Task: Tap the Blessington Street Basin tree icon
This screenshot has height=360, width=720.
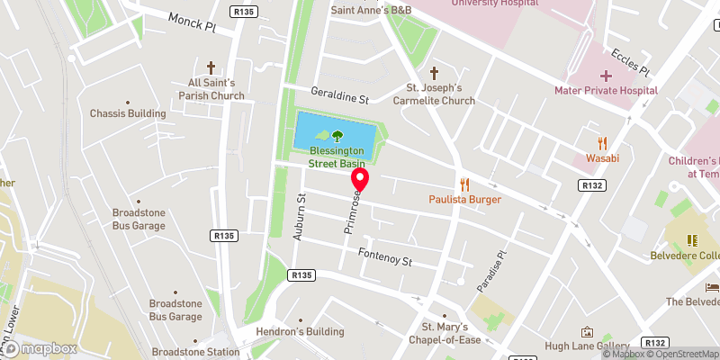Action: pos(337,137)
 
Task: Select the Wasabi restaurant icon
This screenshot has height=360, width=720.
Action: pos(603,142)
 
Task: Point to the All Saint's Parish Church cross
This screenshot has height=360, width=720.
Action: pos(211,67)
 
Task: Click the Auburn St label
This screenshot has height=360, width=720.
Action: pos(302,216)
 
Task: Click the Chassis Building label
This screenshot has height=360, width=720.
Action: pos(128,114)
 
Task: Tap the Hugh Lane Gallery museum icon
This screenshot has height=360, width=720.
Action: pos(588,332)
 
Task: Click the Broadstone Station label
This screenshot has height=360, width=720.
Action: pos(195,352)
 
